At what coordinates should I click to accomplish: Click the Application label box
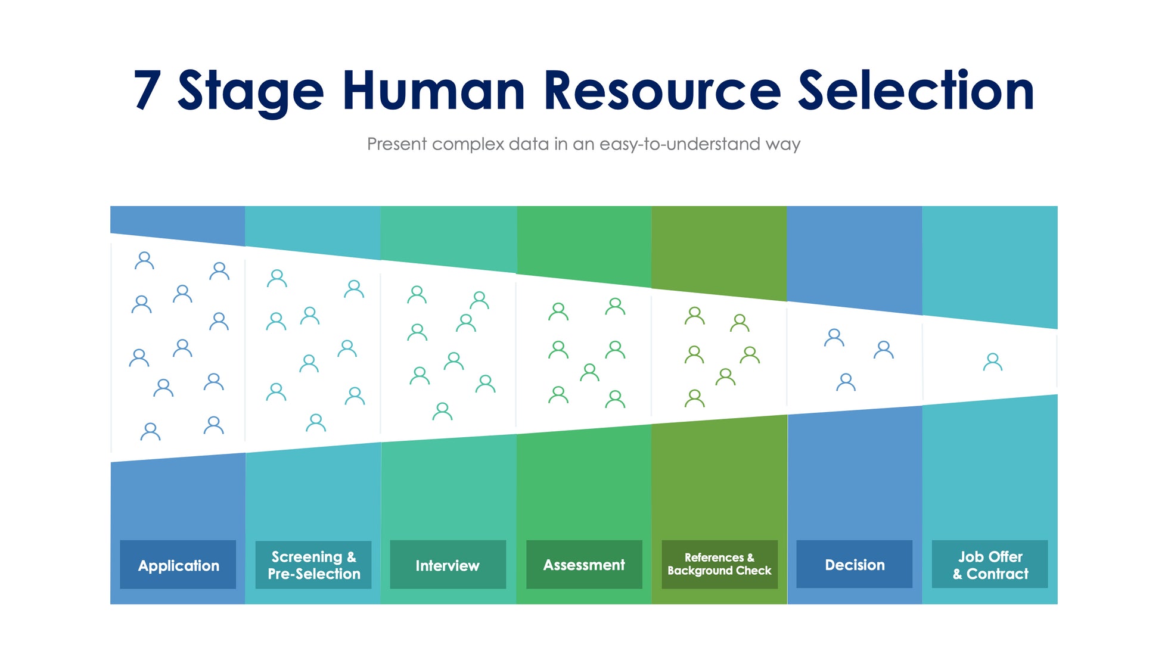coord(178,565)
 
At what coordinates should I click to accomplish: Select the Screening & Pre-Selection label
coord(313,565)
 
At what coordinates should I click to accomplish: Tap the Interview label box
coord(448,565)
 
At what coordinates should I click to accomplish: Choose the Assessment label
coord(584,565)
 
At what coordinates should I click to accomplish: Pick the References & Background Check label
coord(719,565)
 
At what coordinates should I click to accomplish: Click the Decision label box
coord(854,565)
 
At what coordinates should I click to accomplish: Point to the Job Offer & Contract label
coord(990,565)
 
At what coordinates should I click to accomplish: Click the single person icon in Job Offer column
coord(992,362)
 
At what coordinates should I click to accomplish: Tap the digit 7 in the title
coord(147,91)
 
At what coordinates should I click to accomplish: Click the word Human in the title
coord(433,91)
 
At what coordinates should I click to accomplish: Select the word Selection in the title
coord(915,91)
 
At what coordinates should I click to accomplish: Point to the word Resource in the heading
coord(661,91)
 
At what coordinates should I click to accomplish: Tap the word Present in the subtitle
coord(397,144)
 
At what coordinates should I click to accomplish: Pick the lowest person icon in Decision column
coord(846,382)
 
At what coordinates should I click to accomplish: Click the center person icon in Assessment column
coord(589,373)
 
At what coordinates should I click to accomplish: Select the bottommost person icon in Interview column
coord(442,412)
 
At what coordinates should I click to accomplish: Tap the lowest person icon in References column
coord(694,398)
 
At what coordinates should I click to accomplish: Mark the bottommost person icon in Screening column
coord(315,423)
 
